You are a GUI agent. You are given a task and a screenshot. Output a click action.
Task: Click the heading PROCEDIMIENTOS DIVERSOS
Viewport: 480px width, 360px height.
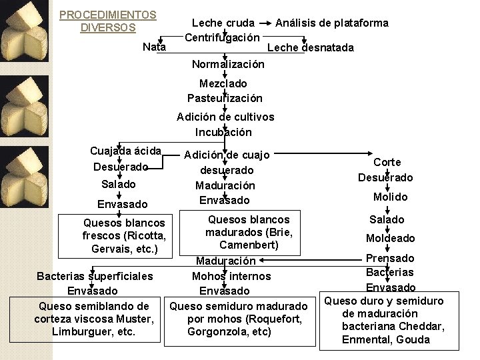coord(108,21)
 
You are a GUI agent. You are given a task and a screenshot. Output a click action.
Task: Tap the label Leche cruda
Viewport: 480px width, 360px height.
coord(223,23)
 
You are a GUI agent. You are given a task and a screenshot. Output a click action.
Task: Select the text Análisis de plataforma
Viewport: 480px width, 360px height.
coord(332,23)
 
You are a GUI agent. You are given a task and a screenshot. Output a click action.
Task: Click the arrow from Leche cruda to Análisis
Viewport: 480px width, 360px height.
coord(265,23)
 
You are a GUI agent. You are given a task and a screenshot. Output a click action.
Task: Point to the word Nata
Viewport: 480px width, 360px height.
coord(154,47)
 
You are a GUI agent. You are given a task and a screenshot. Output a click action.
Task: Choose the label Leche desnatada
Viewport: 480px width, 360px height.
coord(311,48)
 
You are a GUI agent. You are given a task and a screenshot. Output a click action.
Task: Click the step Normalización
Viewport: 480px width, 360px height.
coord(228,64)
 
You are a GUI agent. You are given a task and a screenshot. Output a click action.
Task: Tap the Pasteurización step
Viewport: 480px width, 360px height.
coord(225,98)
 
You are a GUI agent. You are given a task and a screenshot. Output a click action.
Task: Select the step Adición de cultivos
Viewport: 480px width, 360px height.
coord(225,117)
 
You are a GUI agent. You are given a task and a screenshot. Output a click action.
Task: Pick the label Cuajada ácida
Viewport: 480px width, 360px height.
coord(125,151)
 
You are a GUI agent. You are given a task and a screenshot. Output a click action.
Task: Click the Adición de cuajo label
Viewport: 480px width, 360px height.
coord(227,155)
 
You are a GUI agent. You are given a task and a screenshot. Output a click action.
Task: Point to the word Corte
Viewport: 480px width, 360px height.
coord(387,162)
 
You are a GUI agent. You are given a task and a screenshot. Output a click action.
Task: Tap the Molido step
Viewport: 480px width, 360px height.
coord(390,197)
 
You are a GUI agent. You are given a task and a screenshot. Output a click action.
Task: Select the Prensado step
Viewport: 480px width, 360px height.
coord(390,259)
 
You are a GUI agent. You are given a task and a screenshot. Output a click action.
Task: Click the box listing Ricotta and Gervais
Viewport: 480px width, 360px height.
coord(115,236)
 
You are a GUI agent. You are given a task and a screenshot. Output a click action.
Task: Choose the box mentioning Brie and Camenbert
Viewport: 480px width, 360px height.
coord(240,233)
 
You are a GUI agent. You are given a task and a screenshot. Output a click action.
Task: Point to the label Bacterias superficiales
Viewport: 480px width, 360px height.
coord(95,277)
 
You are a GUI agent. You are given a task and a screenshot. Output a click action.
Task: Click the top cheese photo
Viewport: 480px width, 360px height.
coord(24,31)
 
